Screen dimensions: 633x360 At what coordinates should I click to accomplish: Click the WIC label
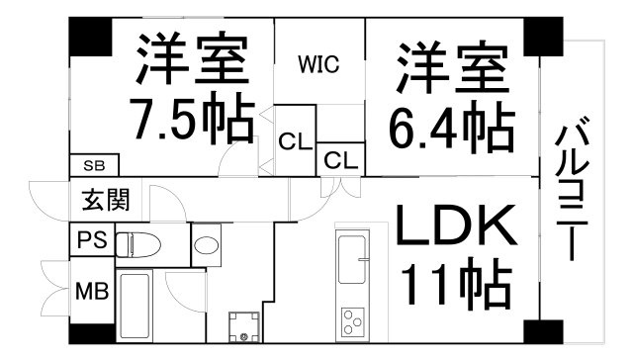[x=318, y=63]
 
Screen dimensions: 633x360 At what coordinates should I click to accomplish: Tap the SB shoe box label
[x=94, y=165]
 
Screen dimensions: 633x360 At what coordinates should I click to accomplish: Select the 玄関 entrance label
[x=106, y=200]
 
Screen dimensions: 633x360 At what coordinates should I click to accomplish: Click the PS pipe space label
[x=92, y=239]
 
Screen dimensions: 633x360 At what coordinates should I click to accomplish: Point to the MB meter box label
[x=92, y=291]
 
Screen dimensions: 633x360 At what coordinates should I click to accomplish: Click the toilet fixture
[x=138, y=244]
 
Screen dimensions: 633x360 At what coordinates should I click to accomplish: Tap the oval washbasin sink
[x=207, y=245]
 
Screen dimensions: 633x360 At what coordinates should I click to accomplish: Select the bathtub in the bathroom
[x=135, y=307]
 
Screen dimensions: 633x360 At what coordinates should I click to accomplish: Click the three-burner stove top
[x=353, y=321]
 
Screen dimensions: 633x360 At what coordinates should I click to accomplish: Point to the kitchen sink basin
[x=353, y=259]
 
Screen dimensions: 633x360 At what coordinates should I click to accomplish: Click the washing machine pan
[x=244, y=327]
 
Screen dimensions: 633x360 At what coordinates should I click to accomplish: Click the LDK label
[x=457, y=225]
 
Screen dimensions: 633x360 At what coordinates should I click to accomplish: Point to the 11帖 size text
[x=457, y=284]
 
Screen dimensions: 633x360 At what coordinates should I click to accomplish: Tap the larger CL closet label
[x=296, y=141]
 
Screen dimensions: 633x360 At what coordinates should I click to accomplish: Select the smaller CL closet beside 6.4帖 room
[x=341, y=160]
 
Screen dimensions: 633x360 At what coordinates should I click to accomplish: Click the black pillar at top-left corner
[x=90, y=37]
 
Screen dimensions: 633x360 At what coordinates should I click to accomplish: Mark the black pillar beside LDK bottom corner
[x=543, y=332]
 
